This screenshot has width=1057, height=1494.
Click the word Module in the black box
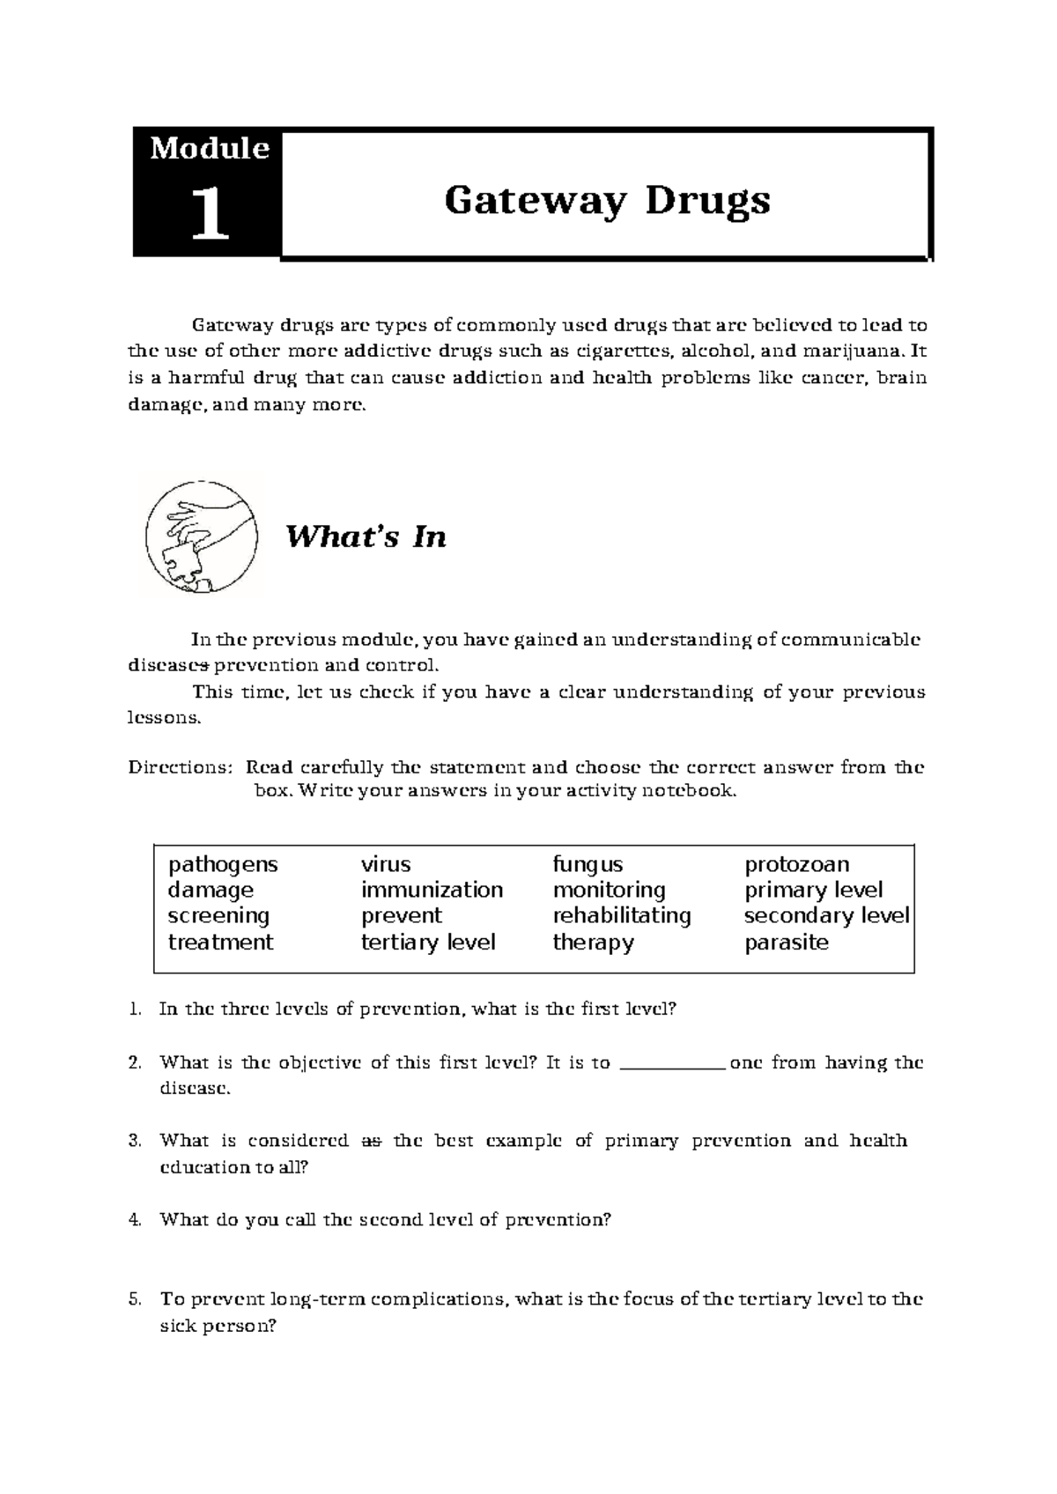pyautogui.click(x=209, y=148)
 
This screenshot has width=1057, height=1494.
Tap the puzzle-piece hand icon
pyautogui.click(x=202, y=536)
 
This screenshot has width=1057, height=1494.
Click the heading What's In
pyautogui.click(x=366, y=536)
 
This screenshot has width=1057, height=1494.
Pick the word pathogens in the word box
pyautogui.click(x=223, y=864)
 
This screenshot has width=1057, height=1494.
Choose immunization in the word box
pyautogui.click(x=432, y=890)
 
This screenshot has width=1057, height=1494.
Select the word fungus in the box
pyautogui.click(x=588, y=864)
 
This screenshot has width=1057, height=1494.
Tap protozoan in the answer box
pyautogui.click(x=797, y=864)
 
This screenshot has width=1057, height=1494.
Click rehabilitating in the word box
pyautogui.click(x=622, y=915)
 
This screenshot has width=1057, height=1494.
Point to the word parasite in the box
pyautogui.click(x=787, y=942)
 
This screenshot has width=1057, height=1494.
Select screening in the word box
pyautogui.click(x=218, y=915)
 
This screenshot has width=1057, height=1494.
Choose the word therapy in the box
pyautogui.click(x=593, y=942)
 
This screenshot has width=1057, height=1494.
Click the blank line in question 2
pyautogui.click(x=672, y=1064)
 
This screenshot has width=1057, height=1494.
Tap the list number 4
pyautogui.click(x=134, y=1220)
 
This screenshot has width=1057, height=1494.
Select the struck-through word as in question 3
pyautogui.click(x=371, y=1141)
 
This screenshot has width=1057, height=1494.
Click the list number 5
pyautogui.click(x=134, y=1299)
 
